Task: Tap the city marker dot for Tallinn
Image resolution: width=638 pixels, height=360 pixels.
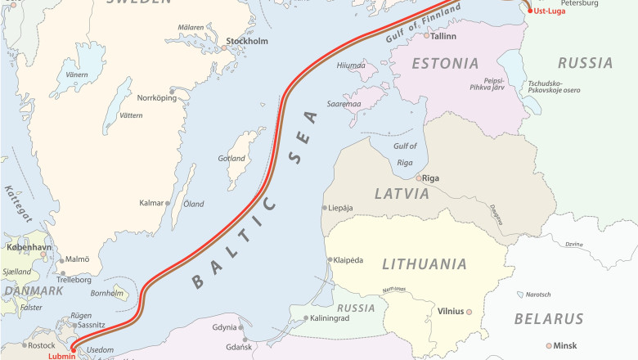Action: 426,35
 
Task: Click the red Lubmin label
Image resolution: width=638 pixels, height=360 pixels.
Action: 61,355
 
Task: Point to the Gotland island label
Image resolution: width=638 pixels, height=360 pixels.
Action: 232,158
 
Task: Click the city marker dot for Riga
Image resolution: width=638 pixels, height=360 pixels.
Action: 419,178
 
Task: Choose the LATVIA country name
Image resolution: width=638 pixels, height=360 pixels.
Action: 402,194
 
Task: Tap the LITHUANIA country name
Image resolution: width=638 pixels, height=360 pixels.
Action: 425,264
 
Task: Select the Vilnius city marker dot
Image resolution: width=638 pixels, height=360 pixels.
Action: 470,312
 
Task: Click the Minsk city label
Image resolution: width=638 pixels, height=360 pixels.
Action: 565,345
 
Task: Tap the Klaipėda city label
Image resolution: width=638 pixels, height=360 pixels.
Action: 348,259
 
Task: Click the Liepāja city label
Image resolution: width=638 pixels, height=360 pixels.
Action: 340,208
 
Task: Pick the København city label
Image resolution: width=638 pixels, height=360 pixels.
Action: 29,246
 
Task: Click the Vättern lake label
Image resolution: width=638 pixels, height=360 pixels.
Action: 131,115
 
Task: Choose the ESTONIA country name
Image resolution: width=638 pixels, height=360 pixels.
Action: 445,63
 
